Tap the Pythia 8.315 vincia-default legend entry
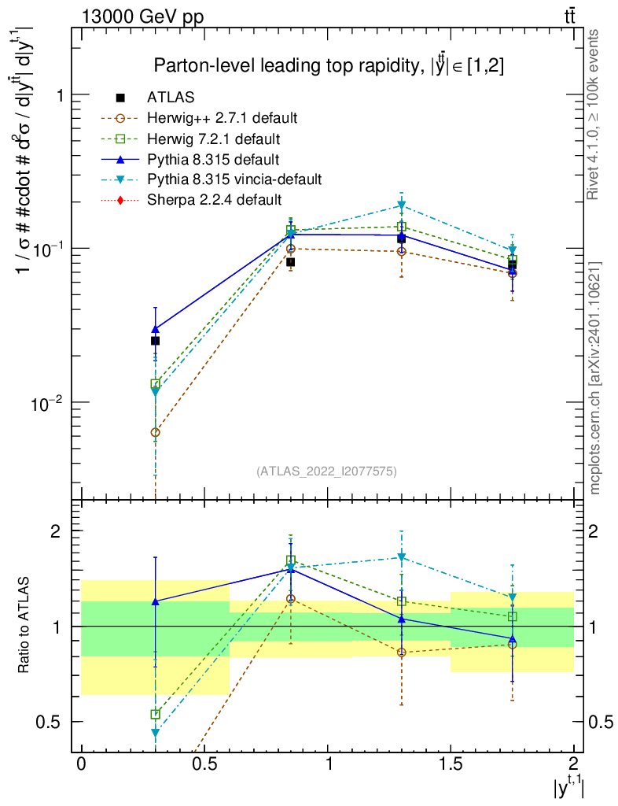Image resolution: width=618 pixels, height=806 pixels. tap(234, 179)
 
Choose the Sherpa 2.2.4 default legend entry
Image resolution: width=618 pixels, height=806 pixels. tap(214, 200)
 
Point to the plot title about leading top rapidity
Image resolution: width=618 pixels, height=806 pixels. tap(329, 66)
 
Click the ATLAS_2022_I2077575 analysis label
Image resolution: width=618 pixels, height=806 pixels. tap(326, 471)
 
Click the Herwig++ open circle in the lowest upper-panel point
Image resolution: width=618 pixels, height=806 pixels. tap(156, 432)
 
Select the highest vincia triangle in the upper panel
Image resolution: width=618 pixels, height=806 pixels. tap(402, 206)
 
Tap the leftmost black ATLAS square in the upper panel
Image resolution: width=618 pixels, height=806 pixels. tap(156, 341)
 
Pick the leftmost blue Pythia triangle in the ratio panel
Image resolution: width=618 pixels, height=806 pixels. tap(156, 601)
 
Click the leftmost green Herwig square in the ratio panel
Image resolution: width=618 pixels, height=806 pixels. tap(156, 714)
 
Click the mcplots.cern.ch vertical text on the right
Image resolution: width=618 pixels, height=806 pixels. tap(595, 378)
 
